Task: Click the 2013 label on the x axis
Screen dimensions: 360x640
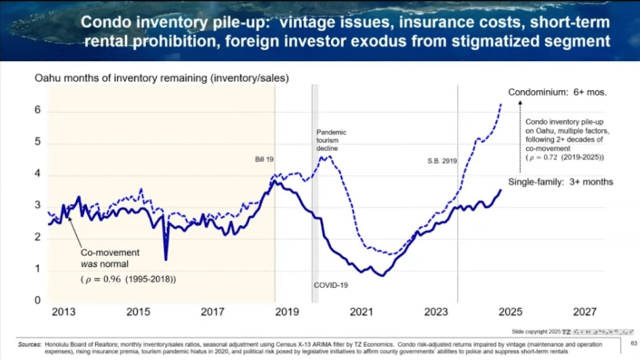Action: [63, 313]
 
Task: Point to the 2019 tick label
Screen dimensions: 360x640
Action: [287, 313]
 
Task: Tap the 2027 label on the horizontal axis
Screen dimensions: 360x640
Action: [585, 313]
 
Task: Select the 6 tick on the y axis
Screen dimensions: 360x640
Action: [37, 111]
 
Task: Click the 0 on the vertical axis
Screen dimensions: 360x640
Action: [37, 300]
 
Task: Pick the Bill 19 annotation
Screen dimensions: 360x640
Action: [263, 160]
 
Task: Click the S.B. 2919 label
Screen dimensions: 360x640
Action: [442, 161]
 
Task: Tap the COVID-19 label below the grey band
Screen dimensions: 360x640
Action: [331, 286]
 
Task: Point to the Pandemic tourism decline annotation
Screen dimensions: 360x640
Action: [331, 140]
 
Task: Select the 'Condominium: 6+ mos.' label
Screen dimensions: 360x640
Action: [557, 93]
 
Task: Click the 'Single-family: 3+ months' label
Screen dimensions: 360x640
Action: [560, 182]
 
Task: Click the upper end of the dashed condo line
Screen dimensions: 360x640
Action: [501, 104]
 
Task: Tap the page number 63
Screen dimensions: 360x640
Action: [634, 343]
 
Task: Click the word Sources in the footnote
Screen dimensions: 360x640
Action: [29, 345]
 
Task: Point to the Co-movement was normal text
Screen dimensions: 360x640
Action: [110, 257]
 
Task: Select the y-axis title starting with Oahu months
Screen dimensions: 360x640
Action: [161, 78]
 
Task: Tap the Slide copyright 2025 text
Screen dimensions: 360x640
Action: [536, 332]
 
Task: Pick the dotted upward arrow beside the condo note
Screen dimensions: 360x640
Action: [519, 137]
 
